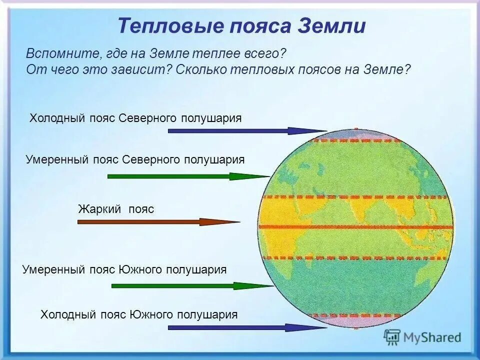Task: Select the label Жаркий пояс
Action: coord(116,209)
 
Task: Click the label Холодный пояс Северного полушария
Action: coord(135,118)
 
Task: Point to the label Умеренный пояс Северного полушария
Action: coord(135,159)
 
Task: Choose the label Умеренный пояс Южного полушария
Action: coord(124,269)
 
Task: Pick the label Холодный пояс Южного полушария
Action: coord(139,314)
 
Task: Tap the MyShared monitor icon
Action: coord(392,337)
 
